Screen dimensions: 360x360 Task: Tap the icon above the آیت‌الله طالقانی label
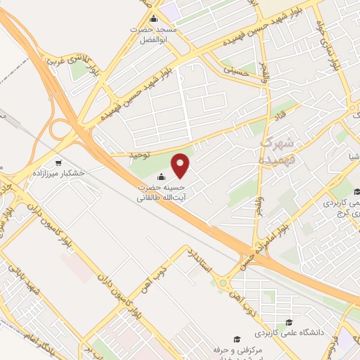point(163,177)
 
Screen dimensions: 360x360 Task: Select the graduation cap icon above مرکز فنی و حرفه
point(237,337)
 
